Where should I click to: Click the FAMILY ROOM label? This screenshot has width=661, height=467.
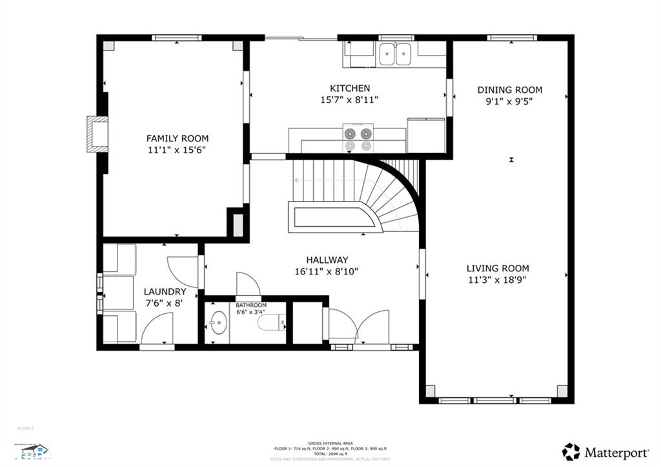(x=177, y=138)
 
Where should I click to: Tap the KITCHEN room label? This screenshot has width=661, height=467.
(x=350, y=88)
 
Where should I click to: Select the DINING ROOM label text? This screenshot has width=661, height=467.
(x=509, y=90)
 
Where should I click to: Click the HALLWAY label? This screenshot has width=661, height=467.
(x=327, y=260)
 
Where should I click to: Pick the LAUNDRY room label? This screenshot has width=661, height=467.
(x=165, y=292)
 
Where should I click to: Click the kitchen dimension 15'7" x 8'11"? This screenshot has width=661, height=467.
(x=349, y=100)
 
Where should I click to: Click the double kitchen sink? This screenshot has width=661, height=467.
(x=396, y=54)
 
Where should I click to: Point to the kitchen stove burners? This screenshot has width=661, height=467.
(x=358, y=139)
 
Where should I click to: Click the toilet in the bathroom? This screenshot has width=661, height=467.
(x=271, y=321)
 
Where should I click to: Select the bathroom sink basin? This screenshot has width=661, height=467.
(x=218, y=321)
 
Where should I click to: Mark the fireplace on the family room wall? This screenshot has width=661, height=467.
(x=97, y=134)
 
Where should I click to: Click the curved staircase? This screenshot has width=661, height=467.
(x=387, y=194)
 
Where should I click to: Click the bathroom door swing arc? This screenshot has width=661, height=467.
(x=248, y=284)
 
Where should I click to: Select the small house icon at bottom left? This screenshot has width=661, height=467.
(x=32, y=450)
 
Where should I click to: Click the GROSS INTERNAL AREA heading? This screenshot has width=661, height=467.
(x=330, y=443)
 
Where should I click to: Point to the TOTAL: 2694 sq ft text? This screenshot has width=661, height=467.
(x=330, y=453)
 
